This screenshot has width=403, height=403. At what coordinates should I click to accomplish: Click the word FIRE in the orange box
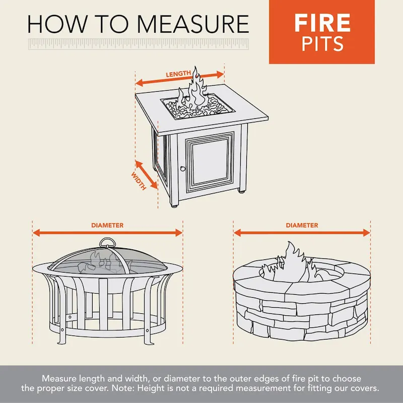click(322, 23)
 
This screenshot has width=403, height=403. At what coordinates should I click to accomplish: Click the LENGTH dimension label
click(178, 74)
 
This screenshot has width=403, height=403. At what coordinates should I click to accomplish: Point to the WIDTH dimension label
click(139, 181)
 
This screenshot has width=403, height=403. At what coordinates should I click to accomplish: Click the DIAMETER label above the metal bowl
click(107, 225)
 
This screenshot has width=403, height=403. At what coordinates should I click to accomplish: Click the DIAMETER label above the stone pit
click(302, 225)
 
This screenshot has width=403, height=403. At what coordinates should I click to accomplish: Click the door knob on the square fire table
click(183, 168)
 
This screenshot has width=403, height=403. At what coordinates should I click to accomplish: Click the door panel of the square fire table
click(211, 160)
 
